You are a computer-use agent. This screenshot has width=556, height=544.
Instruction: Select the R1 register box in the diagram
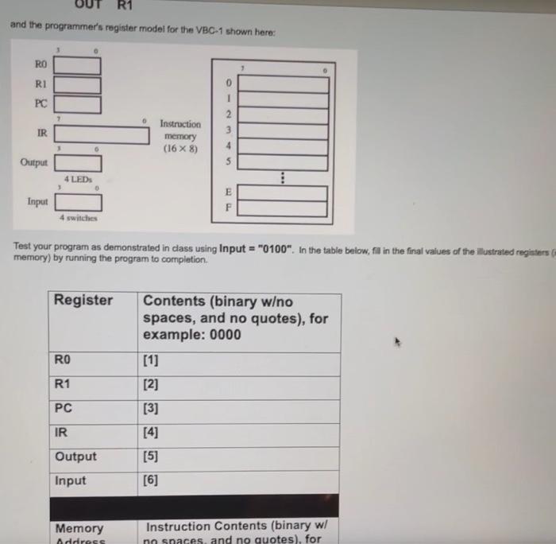pos(77,85)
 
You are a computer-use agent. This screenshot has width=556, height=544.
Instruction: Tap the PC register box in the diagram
pos(77,104)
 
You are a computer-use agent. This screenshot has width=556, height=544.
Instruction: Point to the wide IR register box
pos(101,135)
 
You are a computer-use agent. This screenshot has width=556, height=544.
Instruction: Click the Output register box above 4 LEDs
pos(77,164)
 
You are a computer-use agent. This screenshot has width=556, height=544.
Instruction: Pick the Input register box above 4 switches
pos(77,202)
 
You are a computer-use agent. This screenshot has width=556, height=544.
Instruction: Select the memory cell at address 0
pos(283,84)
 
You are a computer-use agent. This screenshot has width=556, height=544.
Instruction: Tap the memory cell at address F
pos(283,209)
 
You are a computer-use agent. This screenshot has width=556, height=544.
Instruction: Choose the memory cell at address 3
pos(283,130)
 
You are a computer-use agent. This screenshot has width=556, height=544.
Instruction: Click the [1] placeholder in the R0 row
pos(151,361)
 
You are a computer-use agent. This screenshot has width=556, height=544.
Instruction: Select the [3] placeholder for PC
pos(151,409)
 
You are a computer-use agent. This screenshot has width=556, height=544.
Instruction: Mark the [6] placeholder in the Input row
pos(151,480)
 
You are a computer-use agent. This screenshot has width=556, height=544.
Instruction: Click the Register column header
pos(83,301)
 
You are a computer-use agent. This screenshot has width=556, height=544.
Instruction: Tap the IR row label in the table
pos(60,433)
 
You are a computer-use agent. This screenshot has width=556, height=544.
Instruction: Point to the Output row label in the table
pos(75,457)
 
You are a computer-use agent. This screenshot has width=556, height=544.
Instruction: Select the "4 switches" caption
pos(78,218)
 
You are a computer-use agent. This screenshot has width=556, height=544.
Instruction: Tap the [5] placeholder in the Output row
pos(151,457)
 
